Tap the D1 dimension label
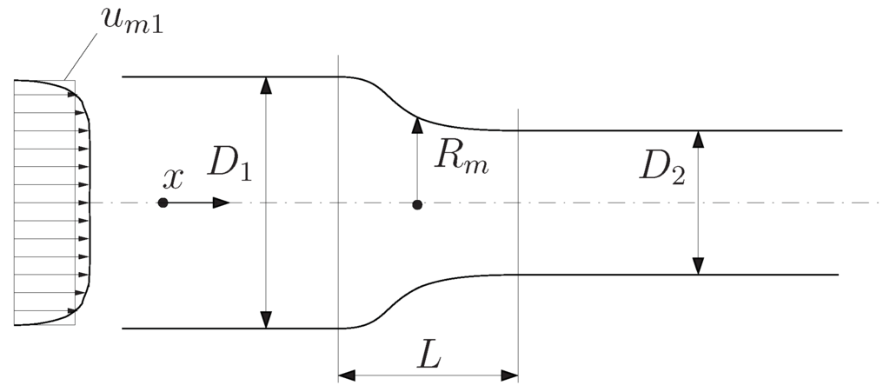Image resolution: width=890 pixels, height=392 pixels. pos(229,163)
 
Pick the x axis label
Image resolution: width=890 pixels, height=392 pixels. pos(174,178)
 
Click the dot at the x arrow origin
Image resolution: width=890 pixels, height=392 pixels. pos(163,203)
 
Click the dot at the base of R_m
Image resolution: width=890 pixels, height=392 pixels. pos(417,204)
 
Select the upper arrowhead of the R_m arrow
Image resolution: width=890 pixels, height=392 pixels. pos(417,123)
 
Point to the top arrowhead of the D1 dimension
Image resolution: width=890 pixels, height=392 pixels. pos(267,85)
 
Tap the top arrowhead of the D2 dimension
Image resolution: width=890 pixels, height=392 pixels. pos(698,138)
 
